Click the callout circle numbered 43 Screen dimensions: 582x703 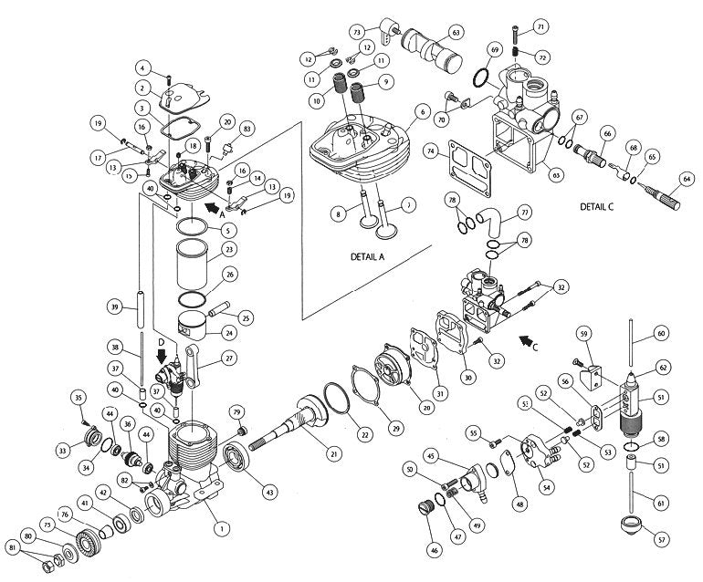coord(268,492)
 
